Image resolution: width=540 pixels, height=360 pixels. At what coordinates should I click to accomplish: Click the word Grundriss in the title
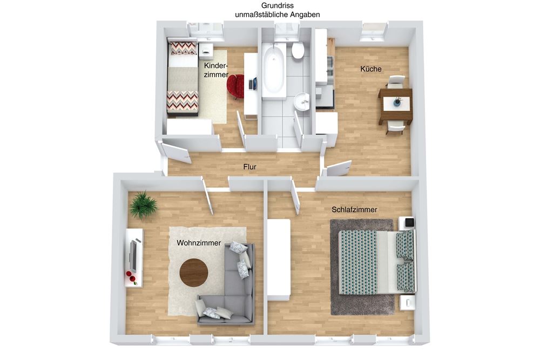pos(277,5)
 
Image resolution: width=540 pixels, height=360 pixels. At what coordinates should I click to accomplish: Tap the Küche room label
pos(371,69)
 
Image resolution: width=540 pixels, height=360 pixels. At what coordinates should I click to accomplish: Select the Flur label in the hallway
pos(249,167)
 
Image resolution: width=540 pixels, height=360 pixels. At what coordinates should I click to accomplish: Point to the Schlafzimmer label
pos(354,209)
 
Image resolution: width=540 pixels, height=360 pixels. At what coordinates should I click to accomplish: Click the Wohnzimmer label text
pos(199,243)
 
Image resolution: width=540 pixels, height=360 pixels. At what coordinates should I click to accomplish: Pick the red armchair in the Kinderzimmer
pos(235,86)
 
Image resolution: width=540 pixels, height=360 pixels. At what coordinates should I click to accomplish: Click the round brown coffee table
pos(194,272)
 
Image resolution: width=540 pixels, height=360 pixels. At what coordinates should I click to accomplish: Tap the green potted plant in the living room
pos(143,205)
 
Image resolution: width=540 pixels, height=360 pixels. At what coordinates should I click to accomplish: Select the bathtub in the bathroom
pos(274,71)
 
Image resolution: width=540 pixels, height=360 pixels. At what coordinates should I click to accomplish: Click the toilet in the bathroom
pos(298,50)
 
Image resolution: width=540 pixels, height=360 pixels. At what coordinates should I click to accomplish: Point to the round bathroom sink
pos(302,102)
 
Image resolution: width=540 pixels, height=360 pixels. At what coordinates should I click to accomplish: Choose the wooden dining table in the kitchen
pos(395,106)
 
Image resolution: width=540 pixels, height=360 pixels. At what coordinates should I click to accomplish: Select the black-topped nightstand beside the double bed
pos(407,223)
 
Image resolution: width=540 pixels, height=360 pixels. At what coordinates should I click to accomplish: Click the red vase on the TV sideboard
pos(129,274)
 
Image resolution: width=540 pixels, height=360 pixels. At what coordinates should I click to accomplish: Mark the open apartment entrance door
pos(175,152)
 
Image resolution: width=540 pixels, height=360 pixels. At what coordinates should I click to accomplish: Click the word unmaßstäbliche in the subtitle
pos(262,15)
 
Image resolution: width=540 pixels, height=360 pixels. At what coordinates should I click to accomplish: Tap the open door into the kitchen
pos(339,168)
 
